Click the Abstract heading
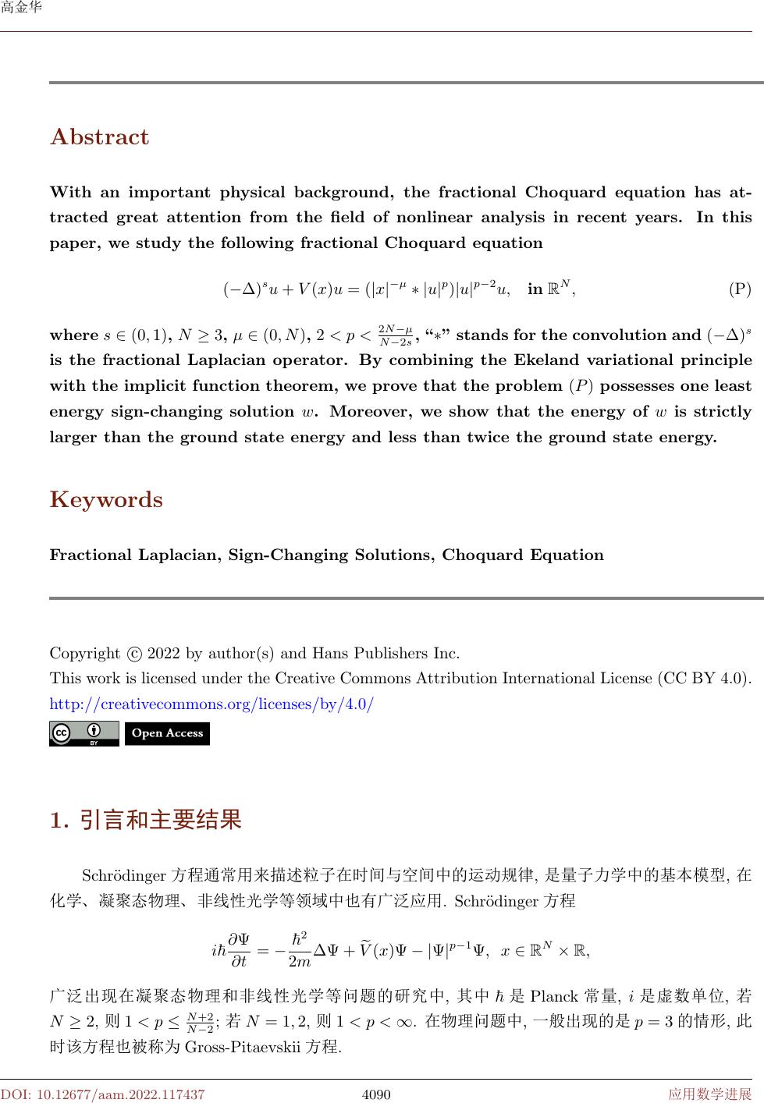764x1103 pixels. click(99, 137)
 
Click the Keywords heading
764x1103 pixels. click(106, 500)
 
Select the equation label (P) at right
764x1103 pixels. click(739, 290)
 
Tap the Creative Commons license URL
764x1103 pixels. click(211, 704)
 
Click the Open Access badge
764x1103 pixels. click(167, 733)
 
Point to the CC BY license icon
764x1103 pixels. click(84, 733)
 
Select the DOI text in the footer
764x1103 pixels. click(102, 1094)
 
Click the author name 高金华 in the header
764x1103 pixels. click(21, 9)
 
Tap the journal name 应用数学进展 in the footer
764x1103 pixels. click(710, 1094)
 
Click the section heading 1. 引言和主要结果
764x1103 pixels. click(145, 821)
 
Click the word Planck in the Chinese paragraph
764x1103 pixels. click(553, 996)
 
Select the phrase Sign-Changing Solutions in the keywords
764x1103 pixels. click(332, 555)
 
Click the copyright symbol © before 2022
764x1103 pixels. click(133, 653)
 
